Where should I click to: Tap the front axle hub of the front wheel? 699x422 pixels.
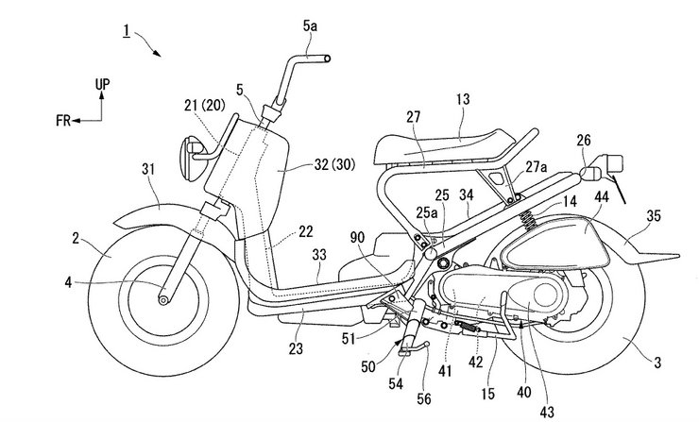click(x=164, y=300)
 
